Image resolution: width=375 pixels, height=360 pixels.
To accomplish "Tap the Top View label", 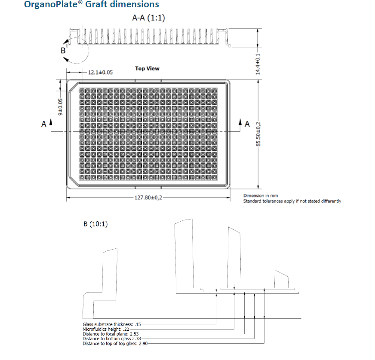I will coord(147,68).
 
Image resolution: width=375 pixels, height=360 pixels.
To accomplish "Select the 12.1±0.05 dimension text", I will coord(100,73).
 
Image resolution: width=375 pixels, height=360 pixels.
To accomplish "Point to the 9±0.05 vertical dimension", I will coord(60,107).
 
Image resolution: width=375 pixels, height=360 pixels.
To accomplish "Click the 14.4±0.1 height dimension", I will coord(258,64).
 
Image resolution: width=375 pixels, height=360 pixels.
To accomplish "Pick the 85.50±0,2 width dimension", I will coord(258,134).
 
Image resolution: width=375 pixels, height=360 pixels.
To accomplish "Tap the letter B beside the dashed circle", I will coord(63,50).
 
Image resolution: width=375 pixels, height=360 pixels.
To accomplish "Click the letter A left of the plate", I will coord(43,124).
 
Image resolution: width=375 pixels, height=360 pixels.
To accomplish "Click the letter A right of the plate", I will coord(247,124).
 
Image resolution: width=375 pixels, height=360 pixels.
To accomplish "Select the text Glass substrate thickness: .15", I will coord(111,324).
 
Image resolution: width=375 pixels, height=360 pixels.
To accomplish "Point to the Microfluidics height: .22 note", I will coord(107,329).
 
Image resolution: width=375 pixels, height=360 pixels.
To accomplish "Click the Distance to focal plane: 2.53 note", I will coord(111,334).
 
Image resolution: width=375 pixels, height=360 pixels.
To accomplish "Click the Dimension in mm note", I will coord(260,196).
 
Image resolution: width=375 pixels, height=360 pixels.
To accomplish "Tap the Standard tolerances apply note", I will coord(292,201).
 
